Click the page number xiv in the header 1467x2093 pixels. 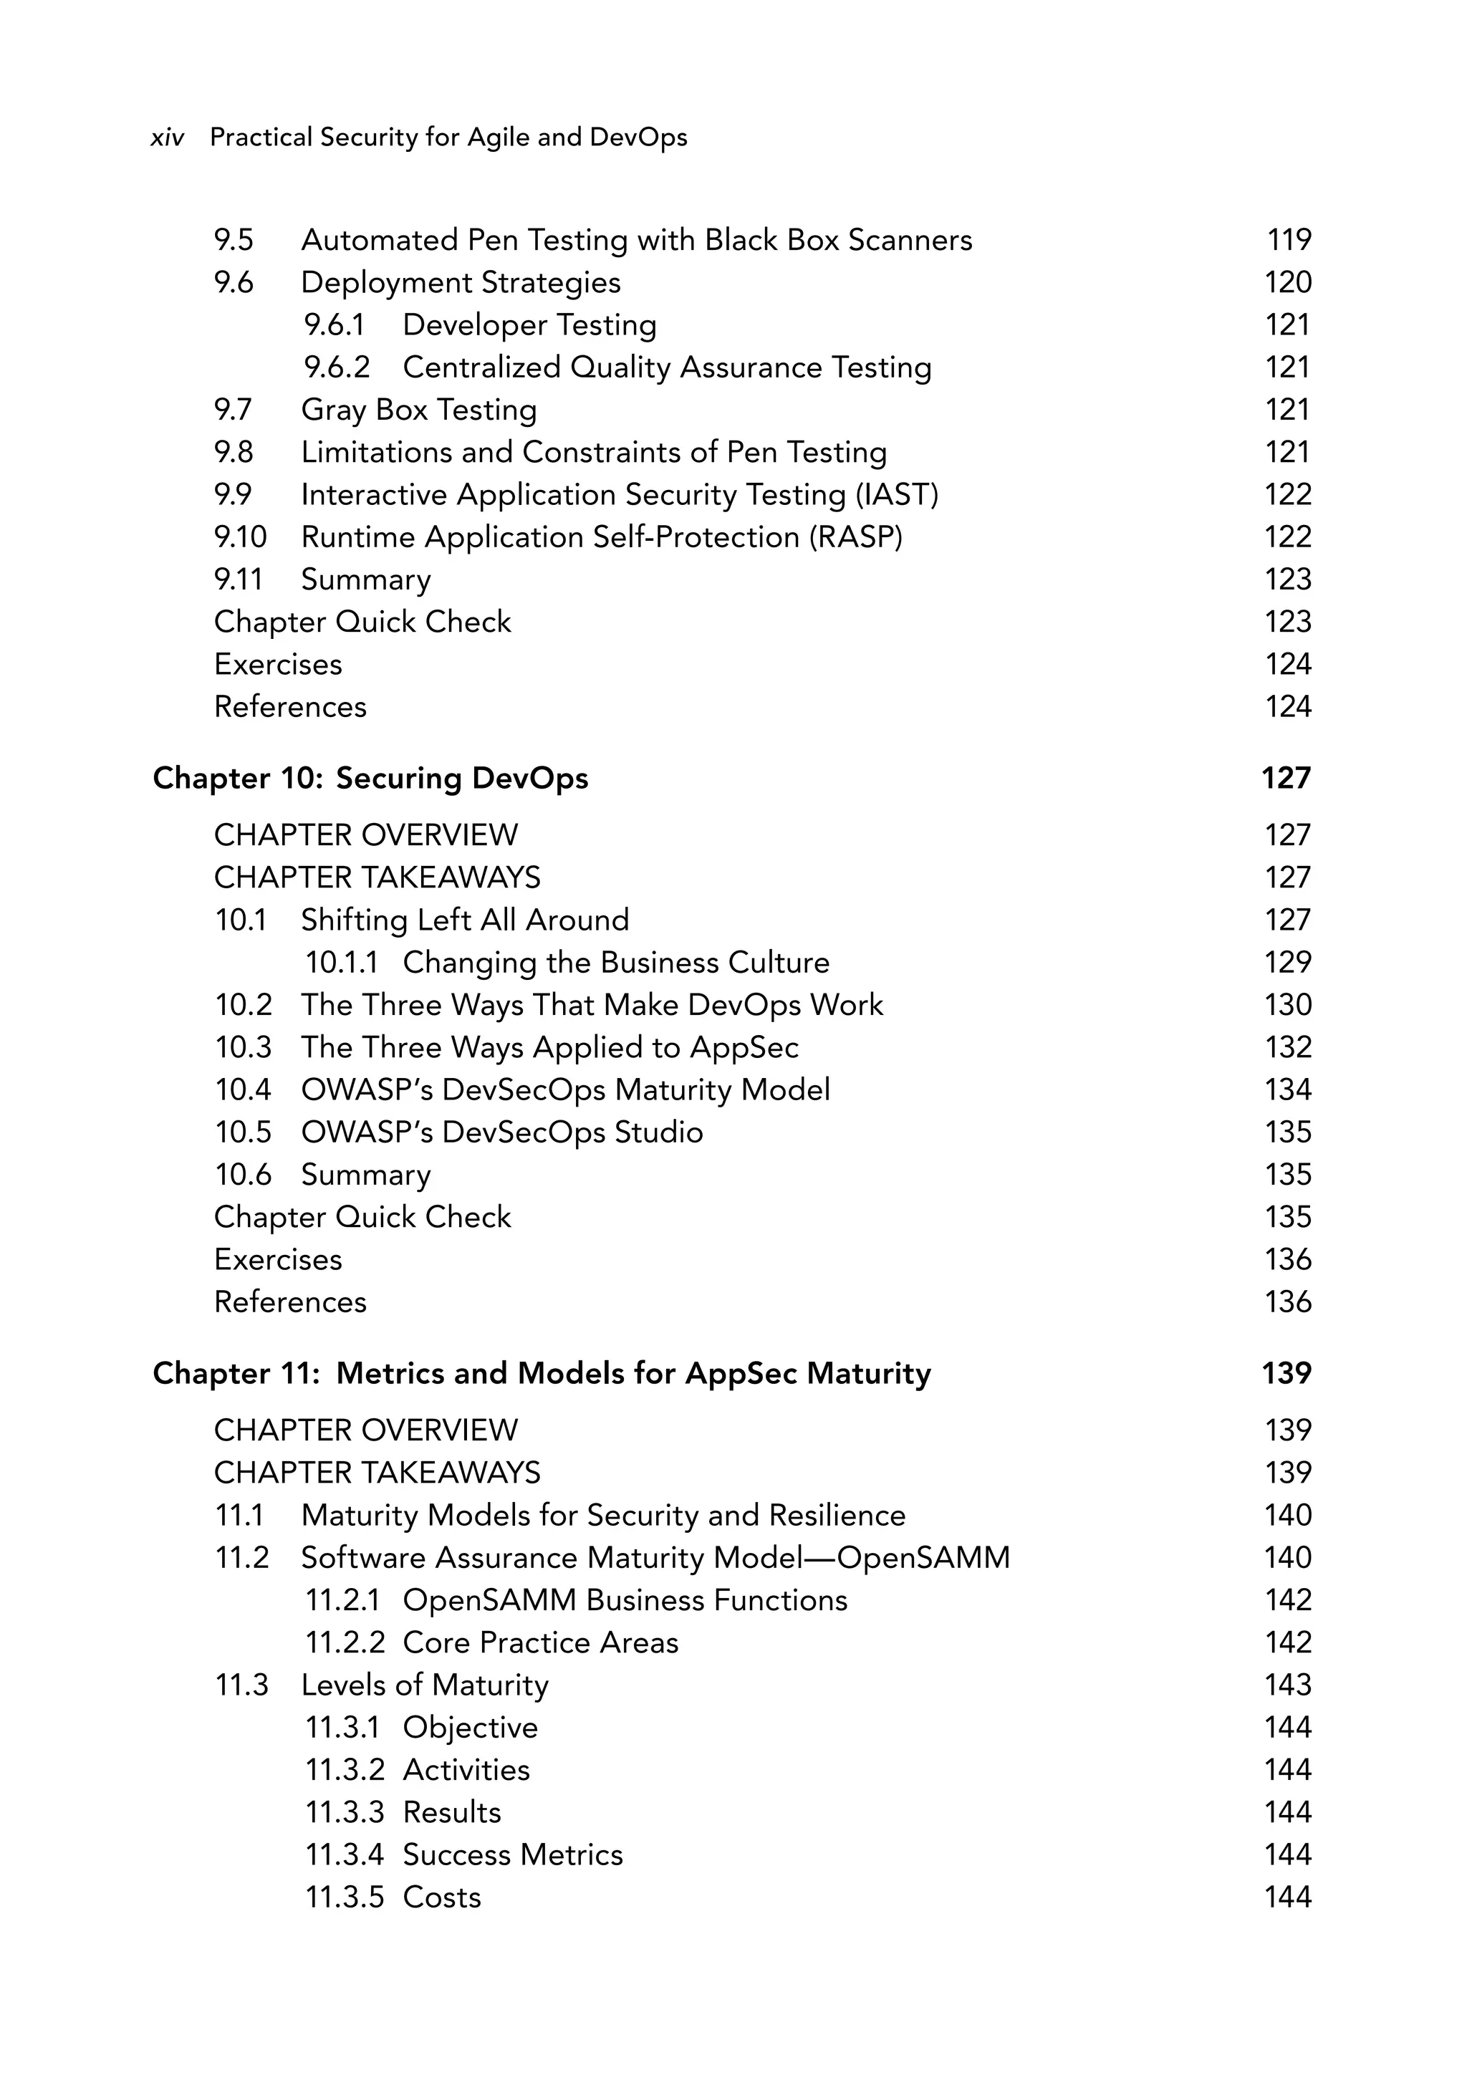167,138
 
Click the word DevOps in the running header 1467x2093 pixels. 638,138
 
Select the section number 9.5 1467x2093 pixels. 234,240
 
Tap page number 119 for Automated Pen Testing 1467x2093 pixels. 1289,240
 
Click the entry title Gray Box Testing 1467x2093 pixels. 418,410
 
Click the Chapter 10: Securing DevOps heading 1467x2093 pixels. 370,779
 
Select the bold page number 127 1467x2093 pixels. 1286,779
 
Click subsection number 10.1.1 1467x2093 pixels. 340,963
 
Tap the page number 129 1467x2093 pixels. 1287,963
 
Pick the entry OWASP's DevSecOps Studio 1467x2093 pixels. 501,1132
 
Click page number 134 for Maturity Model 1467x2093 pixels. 1287,1090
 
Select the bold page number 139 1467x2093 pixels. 1286,1374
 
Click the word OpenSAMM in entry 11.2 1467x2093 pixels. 923,1558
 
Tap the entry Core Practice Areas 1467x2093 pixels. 540,1642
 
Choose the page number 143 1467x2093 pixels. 1287,1685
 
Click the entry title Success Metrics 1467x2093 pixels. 512,1855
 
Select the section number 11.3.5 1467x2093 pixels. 344,1898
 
